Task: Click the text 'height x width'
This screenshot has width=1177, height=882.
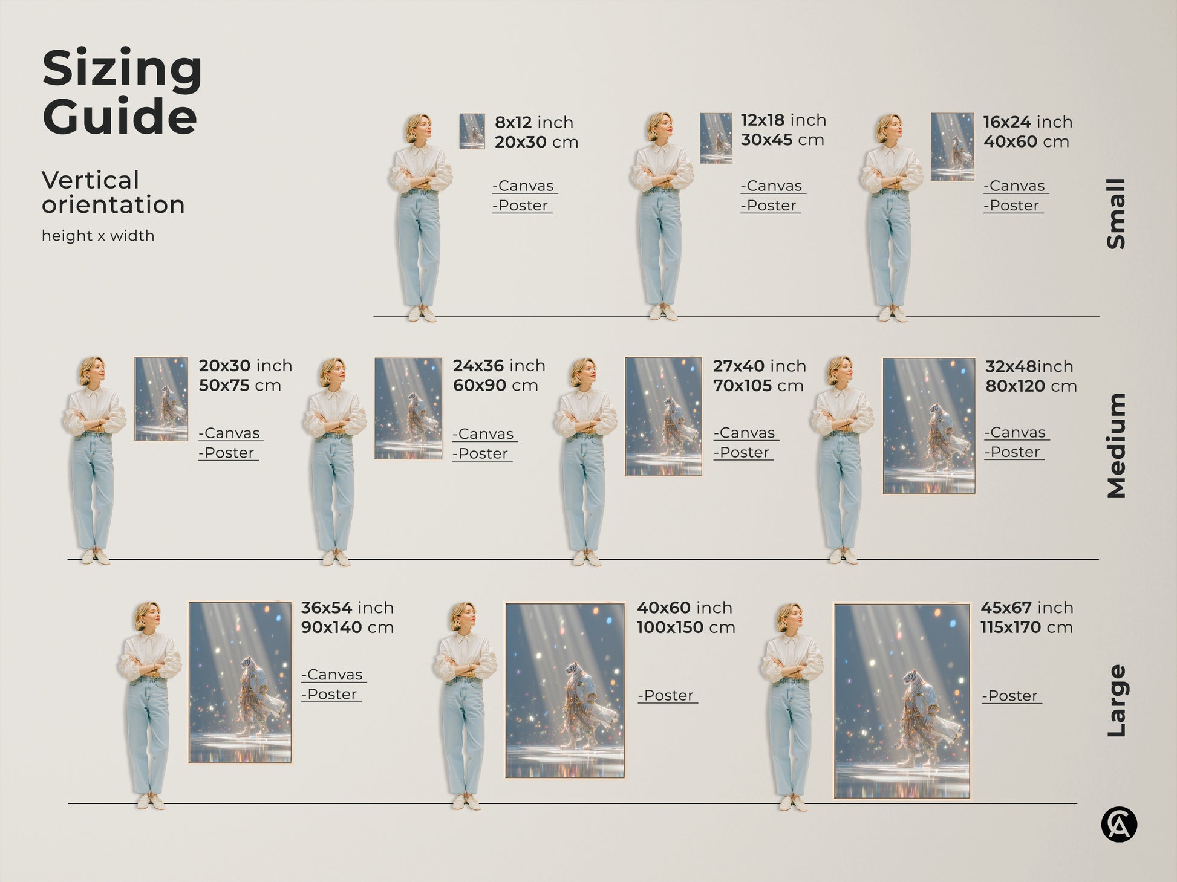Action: click(x=98, y=236)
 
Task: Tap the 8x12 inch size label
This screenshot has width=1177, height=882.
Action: click(x=533, y=122)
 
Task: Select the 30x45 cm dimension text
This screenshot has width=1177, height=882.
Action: click(x=782, y=140)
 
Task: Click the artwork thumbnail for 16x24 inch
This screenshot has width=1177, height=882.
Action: click(x=952, y=146)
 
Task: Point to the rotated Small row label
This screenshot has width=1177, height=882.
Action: click(x=1117, y=213)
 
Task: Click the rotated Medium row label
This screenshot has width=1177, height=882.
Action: click(x=1117, y=446)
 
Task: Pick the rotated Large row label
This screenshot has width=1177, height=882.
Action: click(x=1117, y=701)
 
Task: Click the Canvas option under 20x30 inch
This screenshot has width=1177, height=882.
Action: click(x=230, y=433)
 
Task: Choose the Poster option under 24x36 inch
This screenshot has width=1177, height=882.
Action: click(x=482, y=454)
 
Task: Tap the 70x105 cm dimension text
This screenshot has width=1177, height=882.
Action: click(x=758, y=386)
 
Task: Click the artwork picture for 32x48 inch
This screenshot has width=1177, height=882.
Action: click(x=928, y=426)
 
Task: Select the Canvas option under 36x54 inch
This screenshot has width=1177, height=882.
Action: click(x=333, y=675)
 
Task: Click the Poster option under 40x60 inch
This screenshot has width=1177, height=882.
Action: click(x=667, y=696)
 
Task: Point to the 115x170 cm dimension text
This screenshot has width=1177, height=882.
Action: click(x=1026, y=627)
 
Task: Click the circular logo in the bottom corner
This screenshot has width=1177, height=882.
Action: click(x=1119, y=825)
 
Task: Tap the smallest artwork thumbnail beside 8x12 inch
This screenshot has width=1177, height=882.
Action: click(x=472, y=131)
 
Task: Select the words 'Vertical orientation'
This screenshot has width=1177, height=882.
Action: click(x=113, y=192)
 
